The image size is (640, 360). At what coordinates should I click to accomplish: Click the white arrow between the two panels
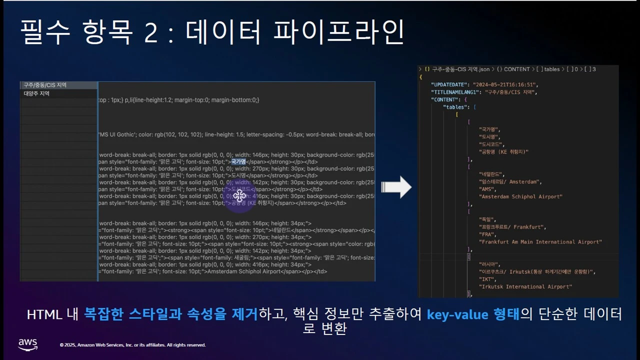coord(396,187)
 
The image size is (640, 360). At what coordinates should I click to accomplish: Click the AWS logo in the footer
coord(28,344)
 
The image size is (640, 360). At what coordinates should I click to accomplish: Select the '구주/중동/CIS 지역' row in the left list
coord(45,85)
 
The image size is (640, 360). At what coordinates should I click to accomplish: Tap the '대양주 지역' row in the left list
coord(37,93)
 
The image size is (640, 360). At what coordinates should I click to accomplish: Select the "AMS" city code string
coord(488,189)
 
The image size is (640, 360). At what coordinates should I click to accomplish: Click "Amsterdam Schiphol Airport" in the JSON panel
coord(520,197)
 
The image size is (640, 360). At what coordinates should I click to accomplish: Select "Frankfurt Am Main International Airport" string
coord(540,242)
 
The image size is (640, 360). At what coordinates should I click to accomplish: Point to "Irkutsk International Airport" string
coord(525,287)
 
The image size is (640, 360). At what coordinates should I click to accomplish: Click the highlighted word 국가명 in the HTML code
coord(238,162)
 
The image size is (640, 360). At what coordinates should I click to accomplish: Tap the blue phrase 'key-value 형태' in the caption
coord(473,314)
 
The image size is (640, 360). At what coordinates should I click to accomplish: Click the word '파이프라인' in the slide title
coord(338,33)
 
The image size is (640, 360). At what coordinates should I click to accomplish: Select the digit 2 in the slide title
coord(150,33)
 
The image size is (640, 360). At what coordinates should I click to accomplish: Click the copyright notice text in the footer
coord(132,345)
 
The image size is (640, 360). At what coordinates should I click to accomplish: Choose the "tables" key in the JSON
coord(455,107)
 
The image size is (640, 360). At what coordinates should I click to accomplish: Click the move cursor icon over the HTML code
coord(239,195)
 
